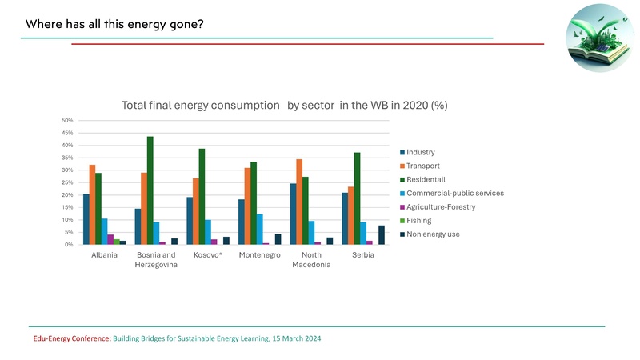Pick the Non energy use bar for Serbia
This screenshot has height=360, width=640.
point(382,235)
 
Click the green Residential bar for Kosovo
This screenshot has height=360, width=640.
point(202,197)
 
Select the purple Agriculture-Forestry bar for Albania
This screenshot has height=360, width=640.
point(110,239)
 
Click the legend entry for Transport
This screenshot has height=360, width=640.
point(423,166)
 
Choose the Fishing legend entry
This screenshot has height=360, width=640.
point(418,220)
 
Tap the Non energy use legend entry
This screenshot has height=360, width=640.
point(432,234)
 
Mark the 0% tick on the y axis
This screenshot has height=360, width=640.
point(69,245)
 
